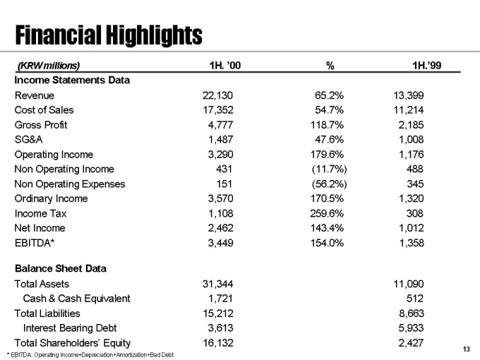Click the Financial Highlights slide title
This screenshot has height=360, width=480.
tap(109, 35)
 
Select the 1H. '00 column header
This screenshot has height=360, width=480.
tap(225, 65)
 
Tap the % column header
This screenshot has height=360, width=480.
tap(330, 66)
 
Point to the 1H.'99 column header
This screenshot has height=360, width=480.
tap(427, 65)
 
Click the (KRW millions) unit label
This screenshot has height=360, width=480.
tap(49, 66)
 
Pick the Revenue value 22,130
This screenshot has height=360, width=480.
tap(217, 95)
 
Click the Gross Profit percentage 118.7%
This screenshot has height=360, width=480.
tap(327, 125)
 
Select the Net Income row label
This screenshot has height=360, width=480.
tap(40, 228)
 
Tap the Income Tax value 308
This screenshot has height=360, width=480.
tap(415, 213)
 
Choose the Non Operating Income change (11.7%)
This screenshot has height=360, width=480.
tap(330, 169)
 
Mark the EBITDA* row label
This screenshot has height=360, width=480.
tap(35, 243)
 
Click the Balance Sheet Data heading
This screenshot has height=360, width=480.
tap(61, 268)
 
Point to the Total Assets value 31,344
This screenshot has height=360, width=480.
tap(217, 284)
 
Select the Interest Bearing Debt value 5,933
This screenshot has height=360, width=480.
tap(411, 328)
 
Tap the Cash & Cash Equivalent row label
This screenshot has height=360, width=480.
tap(76, 299)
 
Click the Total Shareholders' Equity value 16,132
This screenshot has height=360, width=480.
tap(218, 343)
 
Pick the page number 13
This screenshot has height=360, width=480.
tap(466, 349)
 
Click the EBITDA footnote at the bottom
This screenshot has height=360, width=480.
tap(90, 355)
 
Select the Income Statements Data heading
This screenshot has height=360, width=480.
tap(72, 80)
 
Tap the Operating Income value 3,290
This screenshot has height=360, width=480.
tap(220, 155)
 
